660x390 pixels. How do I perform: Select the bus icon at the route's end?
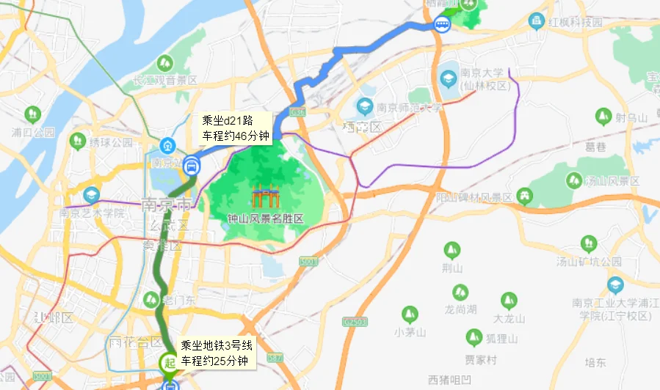[442, 26]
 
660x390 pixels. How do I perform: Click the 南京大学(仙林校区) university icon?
[448, 77]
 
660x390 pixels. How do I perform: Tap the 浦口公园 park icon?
[32, 114]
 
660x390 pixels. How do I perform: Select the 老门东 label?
[178, 299]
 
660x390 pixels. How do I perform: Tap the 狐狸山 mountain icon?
[474, 337]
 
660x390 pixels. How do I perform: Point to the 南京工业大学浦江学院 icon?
[615, 285]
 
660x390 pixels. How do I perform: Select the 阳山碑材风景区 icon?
[524, 196]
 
